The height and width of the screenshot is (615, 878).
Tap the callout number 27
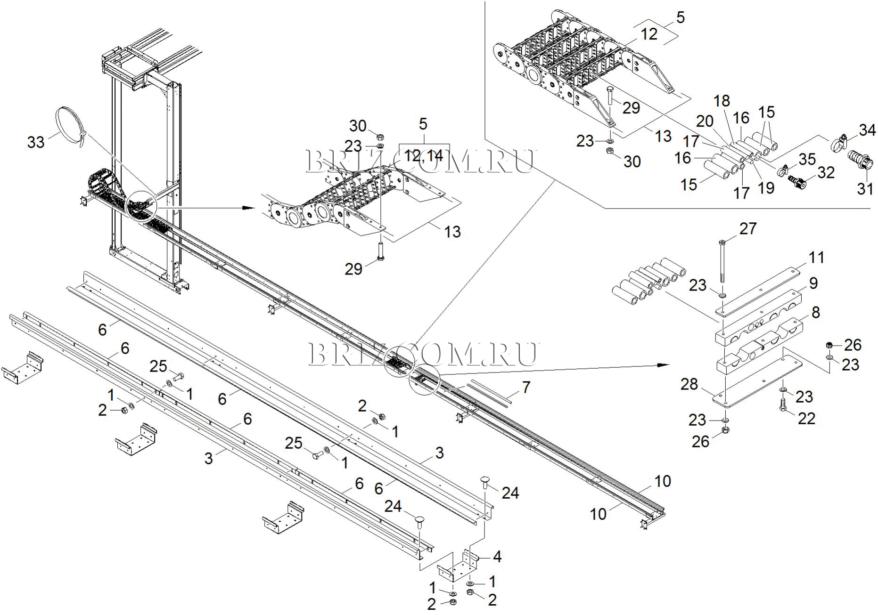click(x=747, y=229)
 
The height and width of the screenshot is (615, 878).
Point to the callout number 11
click(x=816, y=258)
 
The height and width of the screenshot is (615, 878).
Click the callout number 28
click(x=689, y=384)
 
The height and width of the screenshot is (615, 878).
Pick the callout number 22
click(x=806, y=418)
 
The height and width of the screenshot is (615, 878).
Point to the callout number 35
click(x=807, y=159)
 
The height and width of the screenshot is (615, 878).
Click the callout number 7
click(x=525, y=387)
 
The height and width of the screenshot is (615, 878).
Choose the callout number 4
click(x=497, y=557)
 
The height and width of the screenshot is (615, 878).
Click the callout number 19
click(x=766, y=187)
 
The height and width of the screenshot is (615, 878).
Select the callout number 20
click(x=705, y=121)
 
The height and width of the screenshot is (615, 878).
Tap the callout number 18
click(x=722, y=101)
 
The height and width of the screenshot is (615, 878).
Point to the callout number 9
click(x=813, y=283)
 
